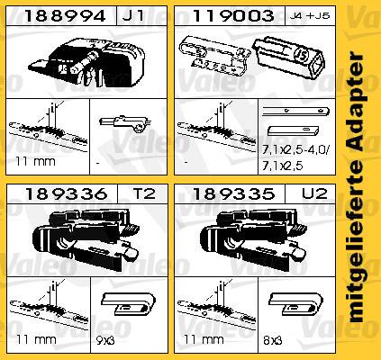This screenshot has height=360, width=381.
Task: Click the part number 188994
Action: coord(65,16)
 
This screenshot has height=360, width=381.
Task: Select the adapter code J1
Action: coord(133,16)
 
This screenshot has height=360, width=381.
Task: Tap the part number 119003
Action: coord(233,16)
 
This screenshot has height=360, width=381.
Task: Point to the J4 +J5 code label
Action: coord(310,16)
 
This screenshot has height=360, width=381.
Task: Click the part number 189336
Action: coord(66,193)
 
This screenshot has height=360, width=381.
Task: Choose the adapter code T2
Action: coord(144,193)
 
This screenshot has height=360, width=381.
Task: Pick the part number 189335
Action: coord(233,193)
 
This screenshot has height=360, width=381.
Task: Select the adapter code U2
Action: coord(314,193)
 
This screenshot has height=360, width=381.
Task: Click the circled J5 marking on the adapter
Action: coord(300,56)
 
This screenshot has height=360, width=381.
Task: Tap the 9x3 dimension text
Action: coord(105,340)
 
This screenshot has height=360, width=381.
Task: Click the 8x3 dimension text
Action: coord(273,340)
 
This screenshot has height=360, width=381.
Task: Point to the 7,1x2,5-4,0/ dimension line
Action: coord(295,151)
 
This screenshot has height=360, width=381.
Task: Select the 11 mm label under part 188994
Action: coord(35,162)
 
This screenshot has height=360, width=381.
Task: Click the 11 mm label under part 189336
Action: coord(36,340)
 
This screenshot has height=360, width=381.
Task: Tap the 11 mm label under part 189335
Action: coord(204,340)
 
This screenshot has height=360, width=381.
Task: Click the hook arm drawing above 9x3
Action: coord(129,303)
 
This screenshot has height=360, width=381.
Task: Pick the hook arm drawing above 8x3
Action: coord(295,303)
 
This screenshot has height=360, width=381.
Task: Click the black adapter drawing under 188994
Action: coord(87,62)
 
